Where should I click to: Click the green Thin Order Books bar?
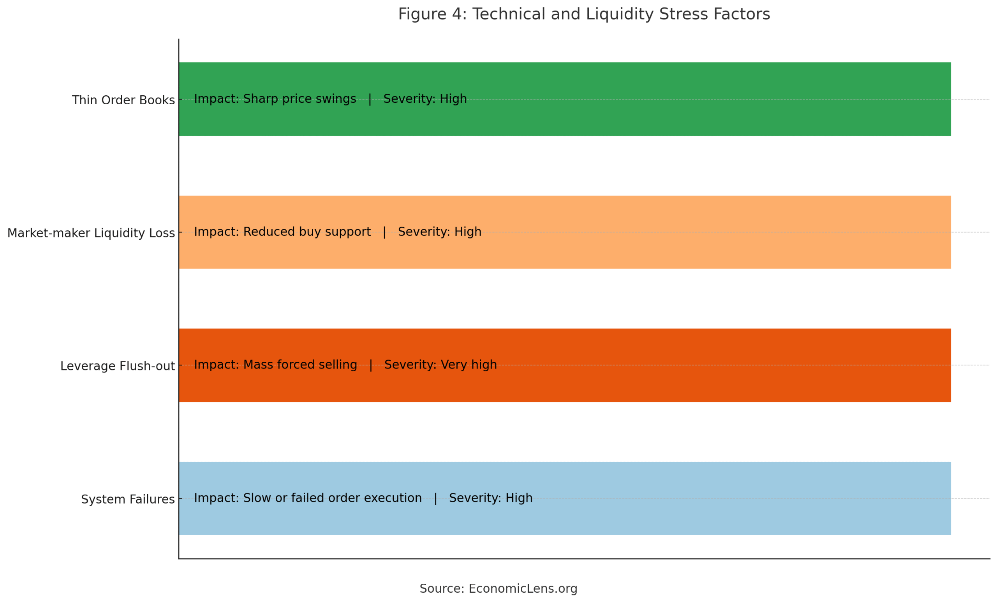(565, 99)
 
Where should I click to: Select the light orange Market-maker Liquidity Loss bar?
(565, 232)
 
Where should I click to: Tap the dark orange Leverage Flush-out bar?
(565, 365)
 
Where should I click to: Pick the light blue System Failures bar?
(565, 498)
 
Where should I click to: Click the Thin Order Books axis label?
(123, 100)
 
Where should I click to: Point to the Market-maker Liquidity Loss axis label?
(91, 233)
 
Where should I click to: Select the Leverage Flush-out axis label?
(117, 366)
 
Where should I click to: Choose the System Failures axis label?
(128, 499)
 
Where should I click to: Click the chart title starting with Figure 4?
(584, 14)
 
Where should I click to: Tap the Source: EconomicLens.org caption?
(498, 589)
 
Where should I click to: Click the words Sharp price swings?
(299, 99)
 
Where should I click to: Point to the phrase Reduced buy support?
(307, 232)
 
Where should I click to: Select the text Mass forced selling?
(300, 365)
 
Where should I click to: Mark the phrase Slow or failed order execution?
(332, 498)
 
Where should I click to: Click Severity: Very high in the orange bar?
(440, 365)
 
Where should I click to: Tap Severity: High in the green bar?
(425, 99)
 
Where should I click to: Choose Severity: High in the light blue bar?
(491, 498)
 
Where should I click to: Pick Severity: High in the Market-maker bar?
(440, 232)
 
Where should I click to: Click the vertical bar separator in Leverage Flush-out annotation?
(371, 365)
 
